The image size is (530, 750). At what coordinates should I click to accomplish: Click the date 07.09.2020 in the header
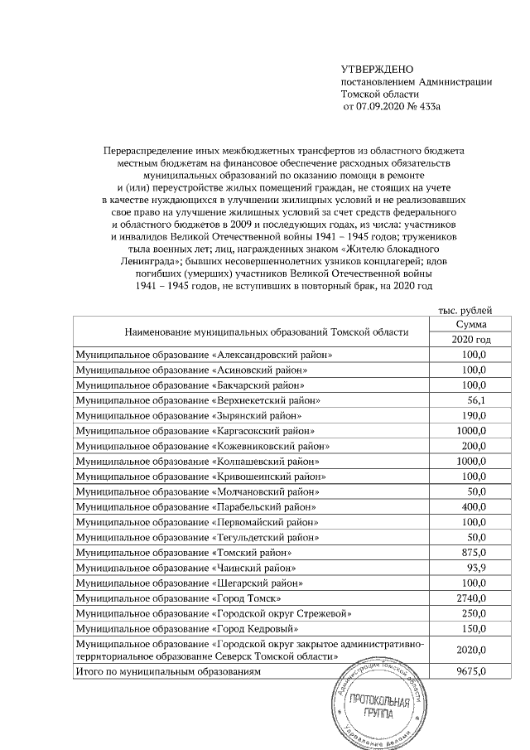(x=383, y=107)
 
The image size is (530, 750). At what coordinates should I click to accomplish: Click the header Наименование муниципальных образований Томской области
(x=266, y=332)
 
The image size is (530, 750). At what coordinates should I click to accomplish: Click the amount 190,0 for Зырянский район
(x=471, y=415)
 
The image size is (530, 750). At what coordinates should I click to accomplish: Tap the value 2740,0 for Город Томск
(x=471, y=598)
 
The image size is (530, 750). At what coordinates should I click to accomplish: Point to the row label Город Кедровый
(x=180, y=628)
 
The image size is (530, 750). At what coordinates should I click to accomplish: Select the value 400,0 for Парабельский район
(x=471, y=506)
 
